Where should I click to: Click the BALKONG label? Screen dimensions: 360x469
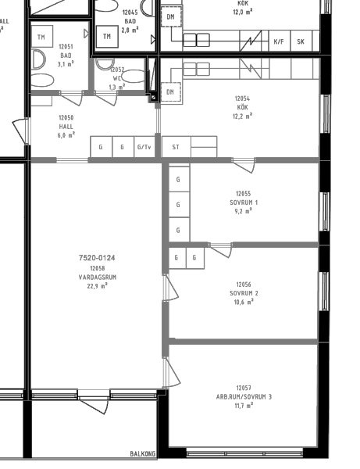tap(143, 453)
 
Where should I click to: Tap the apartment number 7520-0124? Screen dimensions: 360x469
tap(97, 257)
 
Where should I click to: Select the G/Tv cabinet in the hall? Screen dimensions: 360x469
tap(144, 147)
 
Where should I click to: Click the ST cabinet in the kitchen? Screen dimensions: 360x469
tap(176, 147)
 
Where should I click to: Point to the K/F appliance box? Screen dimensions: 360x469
tap(279, 41)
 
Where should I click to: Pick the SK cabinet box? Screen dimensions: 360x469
tap(301, 41)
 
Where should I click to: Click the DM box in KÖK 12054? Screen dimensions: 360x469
tap(170, 92)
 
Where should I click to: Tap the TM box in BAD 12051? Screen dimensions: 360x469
tap(41, 37)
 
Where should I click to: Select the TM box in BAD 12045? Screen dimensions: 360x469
tap(107, 37)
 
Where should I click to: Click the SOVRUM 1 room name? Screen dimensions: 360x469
tap(244, 202)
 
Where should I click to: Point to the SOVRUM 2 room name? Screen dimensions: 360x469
tap(244, 293)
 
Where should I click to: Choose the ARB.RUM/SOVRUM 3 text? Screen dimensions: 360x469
tap(244, 397)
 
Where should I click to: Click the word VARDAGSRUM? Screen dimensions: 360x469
tap(98, 277)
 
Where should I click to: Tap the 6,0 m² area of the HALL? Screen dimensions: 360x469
tap(66, 135)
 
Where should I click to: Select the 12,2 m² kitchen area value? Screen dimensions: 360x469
tap(242, 116)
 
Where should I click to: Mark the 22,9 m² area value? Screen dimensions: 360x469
tap(98, 286)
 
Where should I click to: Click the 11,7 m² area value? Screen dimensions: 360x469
tap(244, 406)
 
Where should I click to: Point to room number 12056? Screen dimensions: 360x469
tap(244, 285)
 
